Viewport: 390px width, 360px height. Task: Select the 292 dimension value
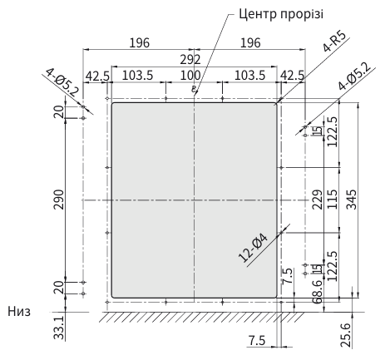tap(194, 59)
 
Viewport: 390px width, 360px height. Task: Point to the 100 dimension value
tap(195, 75)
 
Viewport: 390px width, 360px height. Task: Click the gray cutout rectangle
tap(194, 200)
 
